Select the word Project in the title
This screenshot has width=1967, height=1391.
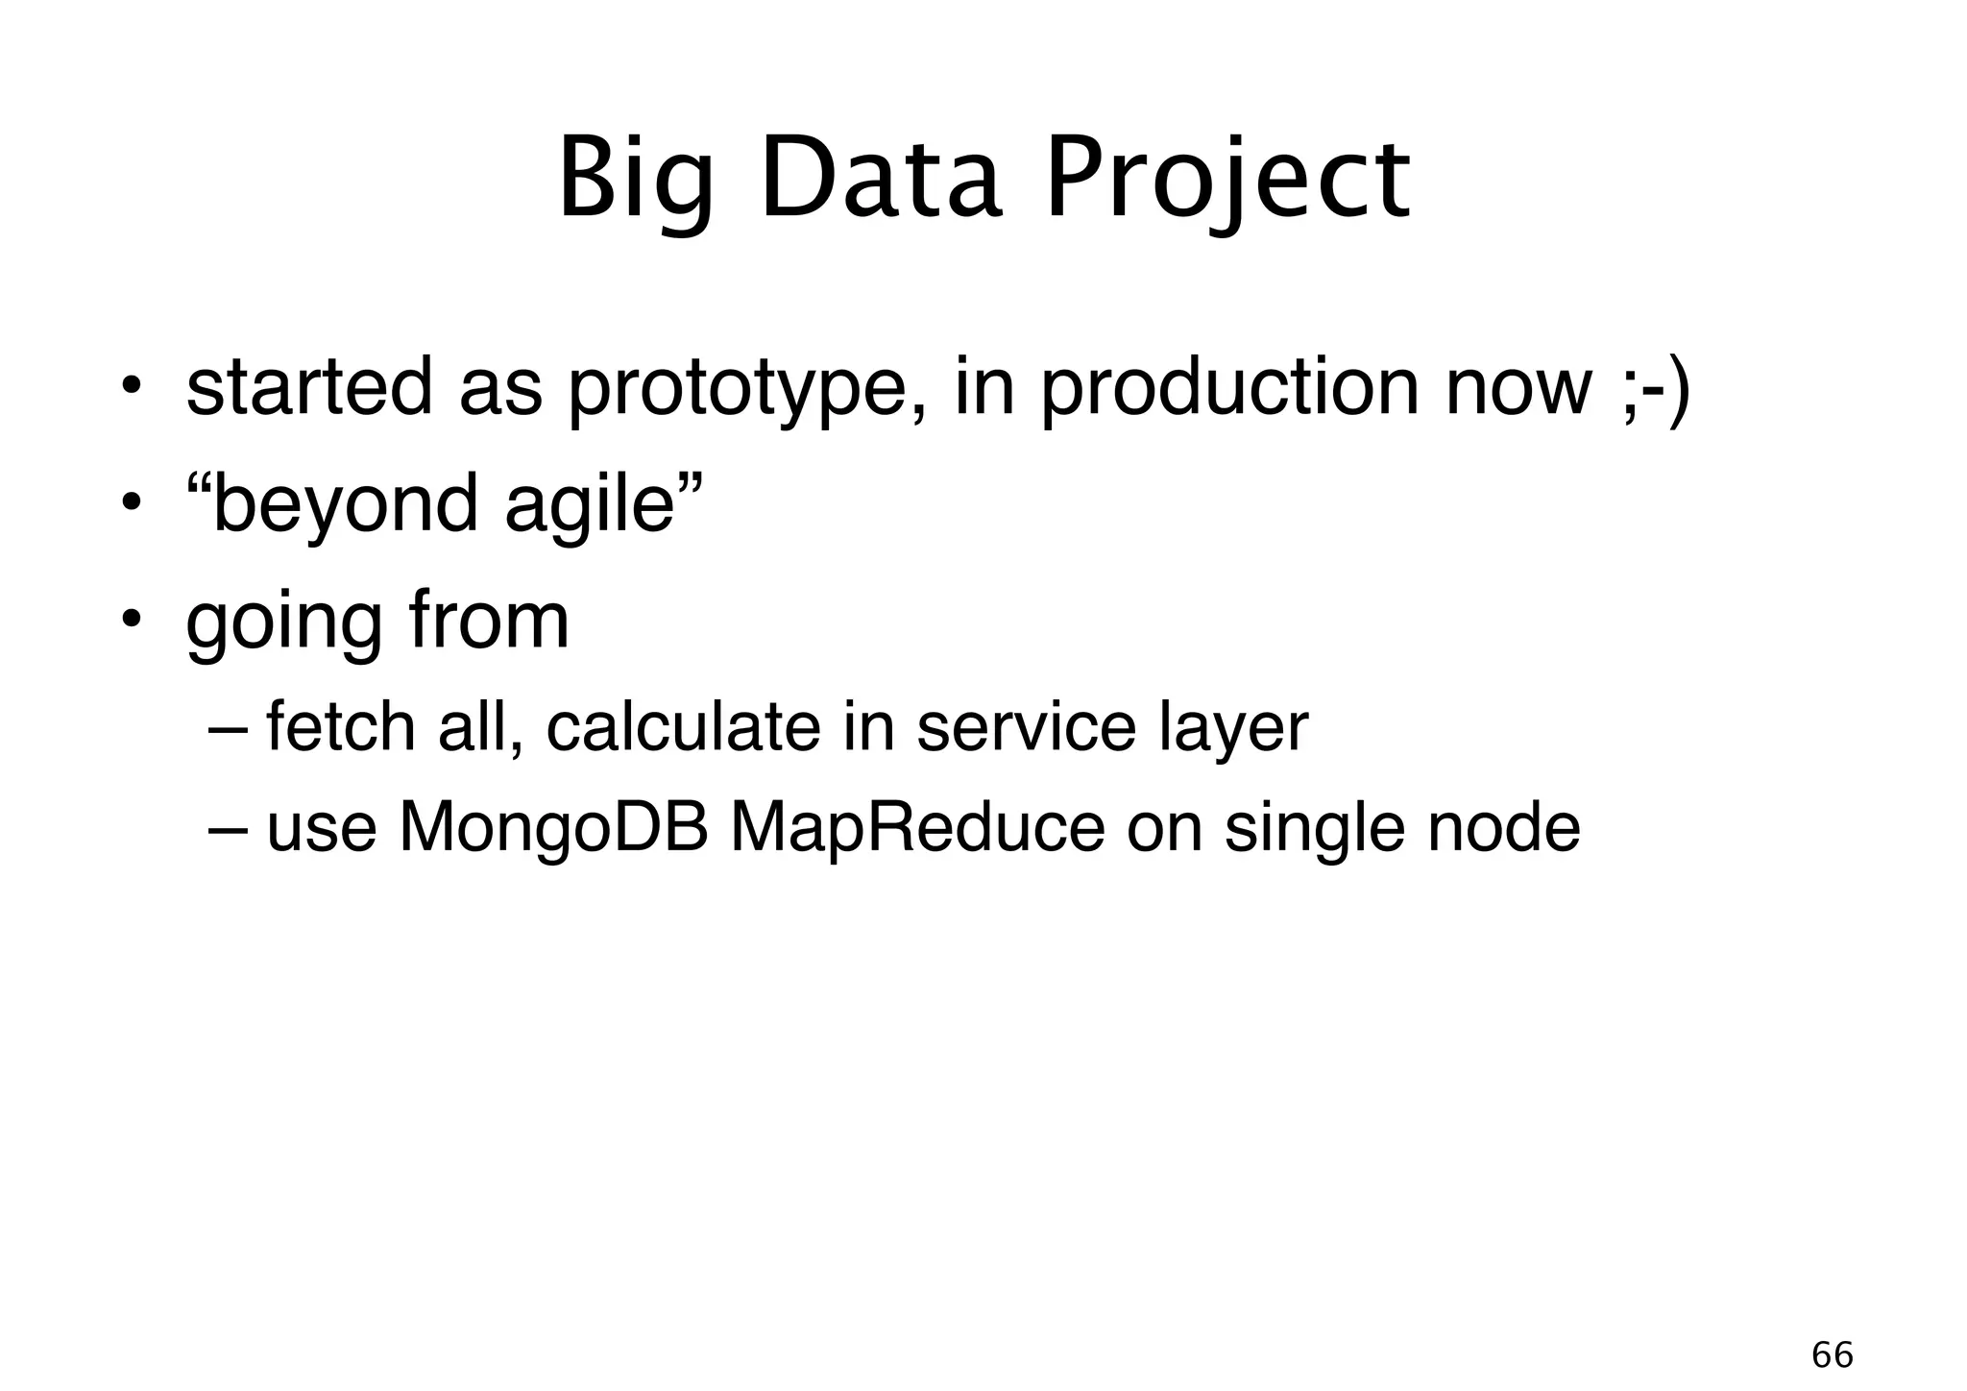(x=1226, y=181)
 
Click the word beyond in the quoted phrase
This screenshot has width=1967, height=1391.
(x=344, y=506)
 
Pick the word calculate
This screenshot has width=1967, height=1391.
(x=683, y=726)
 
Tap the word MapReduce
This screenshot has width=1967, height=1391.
(x=917, y=828)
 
